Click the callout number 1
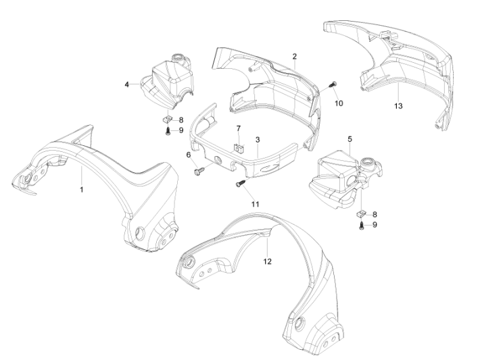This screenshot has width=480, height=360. point(81,190)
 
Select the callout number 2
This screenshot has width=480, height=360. point(295,56)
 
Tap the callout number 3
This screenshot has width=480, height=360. point(258,140)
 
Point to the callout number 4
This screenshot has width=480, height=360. point(126,84)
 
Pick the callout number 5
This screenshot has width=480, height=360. point(350,139)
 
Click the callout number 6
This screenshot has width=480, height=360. point(189,155)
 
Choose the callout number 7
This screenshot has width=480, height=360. point(239,128)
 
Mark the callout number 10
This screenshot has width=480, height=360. point(339,103)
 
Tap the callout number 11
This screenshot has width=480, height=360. point(256,204)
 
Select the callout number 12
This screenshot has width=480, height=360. point(268,261)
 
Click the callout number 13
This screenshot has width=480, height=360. point(398,106)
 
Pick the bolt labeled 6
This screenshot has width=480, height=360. point(199,171)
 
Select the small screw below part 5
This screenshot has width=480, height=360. point(362,226)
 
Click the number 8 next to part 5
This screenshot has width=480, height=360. point(375,214)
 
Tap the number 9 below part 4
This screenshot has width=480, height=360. point(181,130)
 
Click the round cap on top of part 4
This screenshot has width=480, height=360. point(178,58)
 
